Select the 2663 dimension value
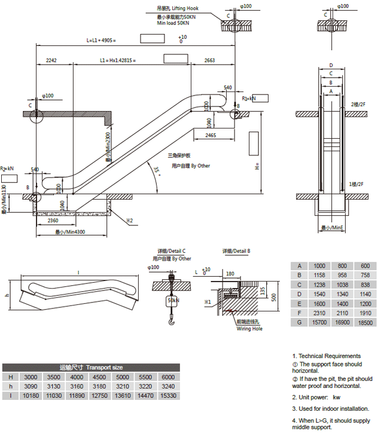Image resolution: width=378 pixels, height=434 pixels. click(x=209, y=60)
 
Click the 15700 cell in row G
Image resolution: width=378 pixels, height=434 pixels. click(x=319, y=322)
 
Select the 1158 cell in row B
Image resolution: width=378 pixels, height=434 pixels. click(x=319, y=275)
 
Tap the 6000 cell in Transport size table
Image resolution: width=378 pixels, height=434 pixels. click(x=169, y=377)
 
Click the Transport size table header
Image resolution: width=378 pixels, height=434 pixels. click(x=91, y=367)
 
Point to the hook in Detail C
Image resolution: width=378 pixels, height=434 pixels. click(x=172, y=323)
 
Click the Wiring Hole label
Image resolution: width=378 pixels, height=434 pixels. click(x=249, y=329)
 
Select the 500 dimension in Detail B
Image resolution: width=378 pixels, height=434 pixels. click(x=274, y=297)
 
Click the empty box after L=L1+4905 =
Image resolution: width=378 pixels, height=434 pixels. click(x=153, y=39)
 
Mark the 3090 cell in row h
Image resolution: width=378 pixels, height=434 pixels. click(x=30, y=386)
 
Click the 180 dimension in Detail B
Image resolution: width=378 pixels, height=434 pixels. click(x=230, y=274)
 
